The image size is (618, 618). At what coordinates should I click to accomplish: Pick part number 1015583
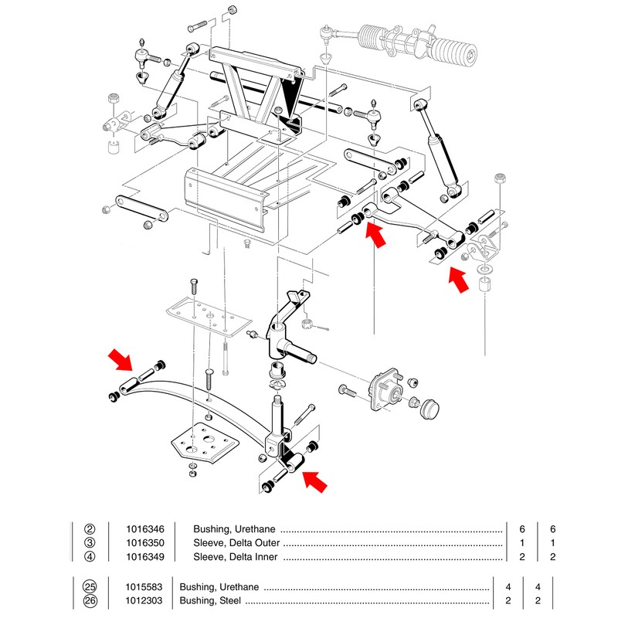[143, 586]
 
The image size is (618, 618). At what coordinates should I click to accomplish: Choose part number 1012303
[143, 600]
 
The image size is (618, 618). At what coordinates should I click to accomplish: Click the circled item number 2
[90, 529]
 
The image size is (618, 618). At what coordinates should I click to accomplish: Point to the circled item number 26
[90, 600]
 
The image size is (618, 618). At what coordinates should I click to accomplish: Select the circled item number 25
[90, 586]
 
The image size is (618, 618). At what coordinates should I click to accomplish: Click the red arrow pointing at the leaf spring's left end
[121, 360]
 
